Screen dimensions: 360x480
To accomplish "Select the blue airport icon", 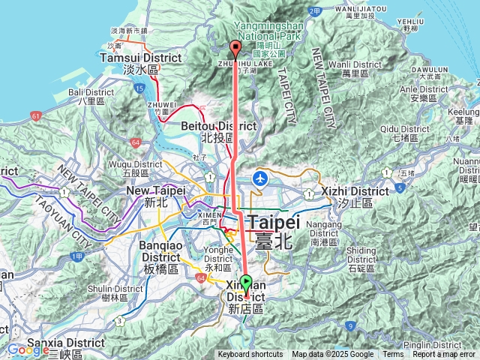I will pos(260,178).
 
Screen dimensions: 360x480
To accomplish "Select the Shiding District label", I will pos(361,250).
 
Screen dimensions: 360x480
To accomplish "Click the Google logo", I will pos(28,349).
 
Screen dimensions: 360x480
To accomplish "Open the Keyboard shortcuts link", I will pos(250,355).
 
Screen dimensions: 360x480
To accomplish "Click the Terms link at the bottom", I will pos(393,355).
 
